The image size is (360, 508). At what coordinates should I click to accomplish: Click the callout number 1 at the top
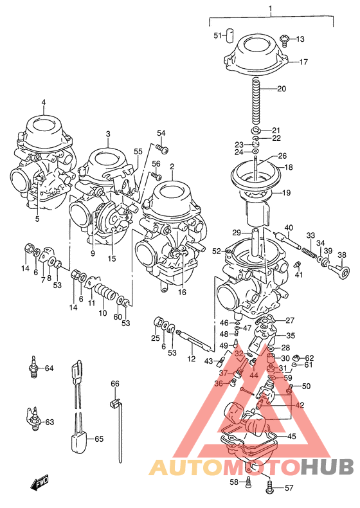point(271,8)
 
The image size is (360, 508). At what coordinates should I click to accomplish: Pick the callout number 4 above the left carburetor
point(44,102)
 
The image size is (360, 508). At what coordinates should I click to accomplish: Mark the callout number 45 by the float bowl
point(291,437)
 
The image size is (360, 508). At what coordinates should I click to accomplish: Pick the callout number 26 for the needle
point(281,156)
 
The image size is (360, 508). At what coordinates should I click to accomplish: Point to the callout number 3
point(108,134)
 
